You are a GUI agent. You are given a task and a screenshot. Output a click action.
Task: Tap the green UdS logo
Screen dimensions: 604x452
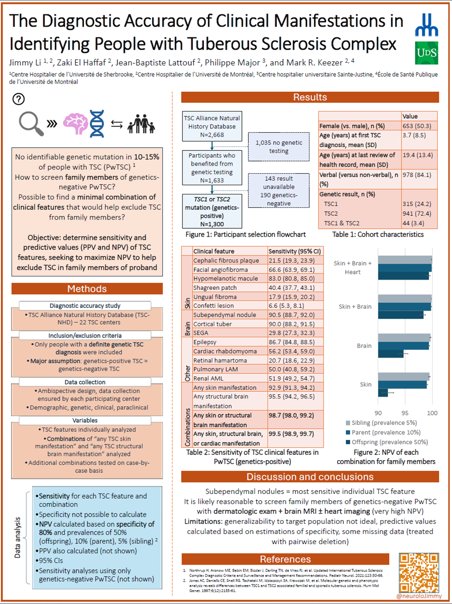(427, 54)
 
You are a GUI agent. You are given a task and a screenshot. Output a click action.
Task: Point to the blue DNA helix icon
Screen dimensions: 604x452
(98, 124)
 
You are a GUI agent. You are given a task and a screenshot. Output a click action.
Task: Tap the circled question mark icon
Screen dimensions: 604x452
(18, 99)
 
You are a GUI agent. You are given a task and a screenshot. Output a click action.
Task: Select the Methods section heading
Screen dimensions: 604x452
(87, 289)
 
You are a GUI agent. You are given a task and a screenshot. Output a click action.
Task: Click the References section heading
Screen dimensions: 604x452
(285, 560)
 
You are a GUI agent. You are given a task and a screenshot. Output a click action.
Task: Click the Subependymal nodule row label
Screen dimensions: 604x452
(218, 315)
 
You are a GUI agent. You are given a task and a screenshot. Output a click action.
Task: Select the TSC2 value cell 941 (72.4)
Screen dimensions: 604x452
(418, 213)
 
